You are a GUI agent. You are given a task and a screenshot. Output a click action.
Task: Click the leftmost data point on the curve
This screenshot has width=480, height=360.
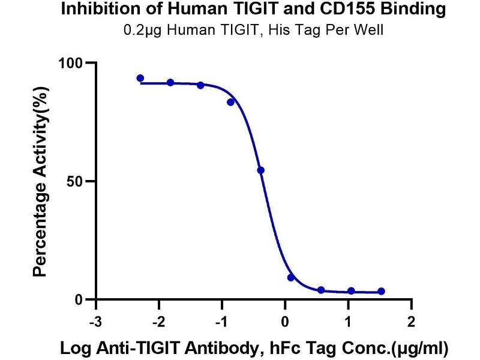point(140,78)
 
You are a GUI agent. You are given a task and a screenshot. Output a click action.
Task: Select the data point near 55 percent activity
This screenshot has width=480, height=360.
point(260,170)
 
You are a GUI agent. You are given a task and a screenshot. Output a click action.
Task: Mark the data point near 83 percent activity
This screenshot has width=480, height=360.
point(230,102)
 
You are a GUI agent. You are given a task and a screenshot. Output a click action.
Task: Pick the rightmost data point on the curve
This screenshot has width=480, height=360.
point(382,291)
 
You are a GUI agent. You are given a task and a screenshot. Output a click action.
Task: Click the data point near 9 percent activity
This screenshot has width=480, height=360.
point(291,277)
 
